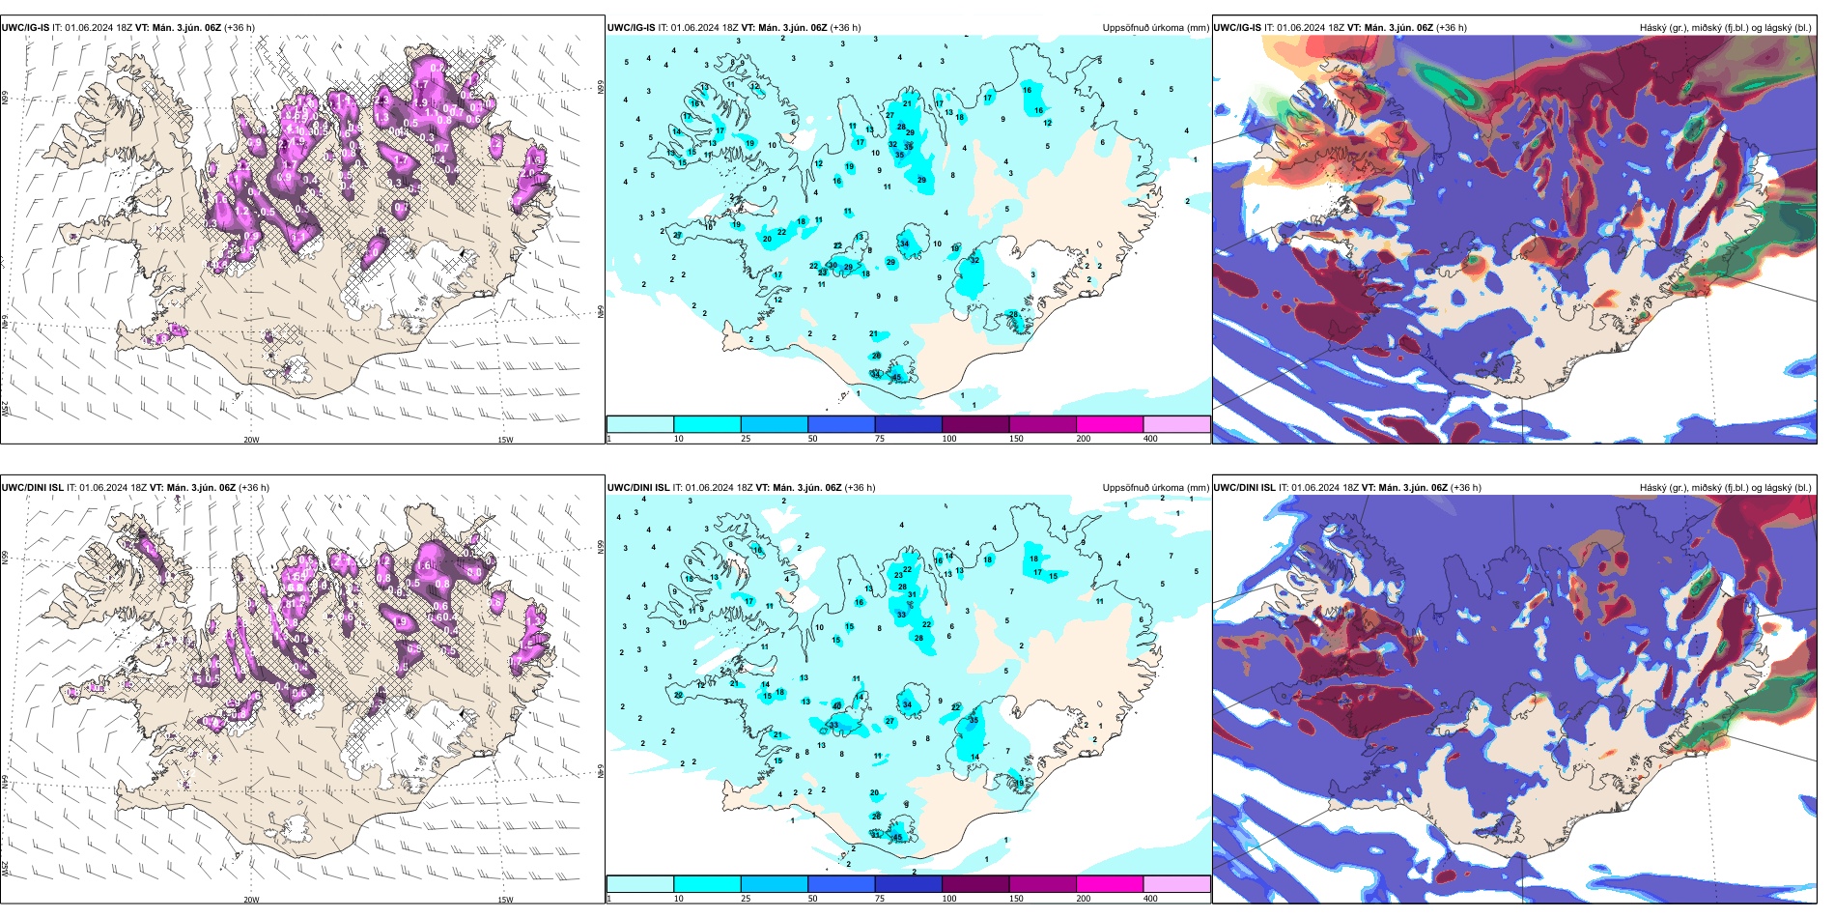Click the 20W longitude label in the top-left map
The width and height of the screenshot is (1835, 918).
coord(251,440)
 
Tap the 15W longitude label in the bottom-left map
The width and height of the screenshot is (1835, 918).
coord(505,900)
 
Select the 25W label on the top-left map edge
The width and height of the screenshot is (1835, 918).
coord(6,410)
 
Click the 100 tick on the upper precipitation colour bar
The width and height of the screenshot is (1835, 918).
coord(949,439)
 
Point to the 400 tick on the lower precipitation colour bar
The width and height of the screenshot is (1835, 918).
coord(1150,899)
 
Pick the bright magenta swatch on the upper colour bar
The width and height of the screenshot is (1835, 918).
coord(1110,424)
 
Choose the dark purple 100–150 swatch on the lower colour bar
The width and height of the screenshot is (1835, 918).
coord(975,884)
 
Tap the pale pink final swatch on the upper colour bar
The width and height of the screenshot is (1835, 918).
coord(1176,424)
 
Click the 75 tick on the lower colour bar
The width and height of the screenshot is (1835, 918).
coord(880,899)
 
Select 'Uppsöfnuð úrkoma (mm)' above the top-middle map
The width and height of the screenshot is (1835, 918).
coord(1155,28)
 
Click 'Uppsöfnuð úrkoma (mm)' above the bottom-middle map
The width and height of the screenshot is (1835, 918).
coord(1155,488)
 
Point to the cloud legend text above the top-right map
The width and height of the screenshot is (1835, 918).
coord(1725,28)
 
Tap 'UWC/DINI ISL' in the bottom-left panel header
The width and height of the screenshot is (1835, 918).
coord(32,488)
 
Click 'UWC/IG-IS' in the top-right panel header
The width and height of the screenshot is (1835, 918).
coord(1237,28)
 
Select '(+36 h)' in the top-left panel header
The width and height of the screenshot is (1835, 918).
coord(239,28)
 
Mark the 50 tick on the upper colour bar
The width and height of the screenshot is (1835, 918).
coord(812,439)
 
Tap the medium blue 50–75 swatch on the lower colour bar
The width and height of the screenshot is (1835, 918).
coord(841,884)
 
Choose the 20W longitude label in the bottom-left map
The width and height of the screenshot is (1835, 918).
coord(251,900)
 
